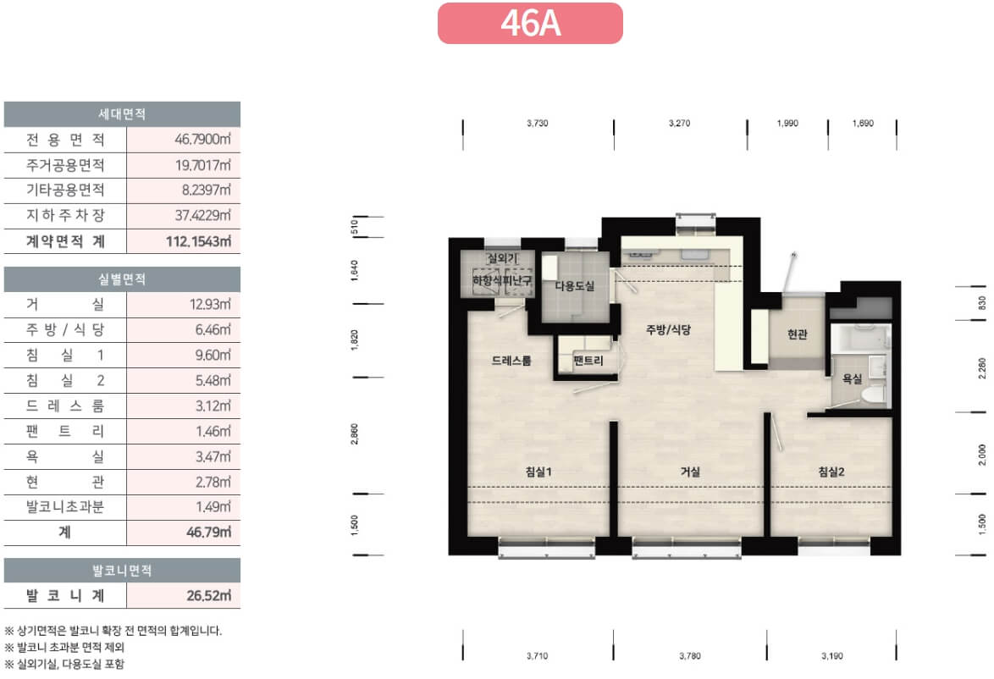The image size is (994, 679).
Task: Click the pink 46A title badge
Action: coord(530,24)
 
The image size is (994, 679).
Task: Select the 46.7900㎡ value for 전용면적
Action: coord(203,140)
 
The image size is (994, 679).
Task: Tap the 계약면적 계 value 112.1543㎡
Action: coord(198,241)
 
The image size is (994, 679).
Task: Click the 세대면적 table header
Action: coord(123,114)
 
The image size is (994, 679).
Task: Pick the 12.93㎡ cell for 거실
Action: coord(211,304)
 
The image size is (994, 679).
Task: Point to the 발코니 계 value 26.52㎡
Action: coord(208,596)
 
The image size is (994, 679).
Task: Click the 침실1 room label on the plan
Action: coord(538,472)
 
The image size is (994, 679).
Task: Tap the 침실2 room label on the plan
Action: coord(831,472)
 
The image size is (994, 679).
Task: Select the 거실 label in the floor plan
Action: coord(690,472)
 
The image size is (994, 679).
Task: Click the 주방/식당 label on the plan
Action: coord(668,329)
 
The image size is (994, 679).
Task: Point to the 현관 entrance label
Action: coord(797,334)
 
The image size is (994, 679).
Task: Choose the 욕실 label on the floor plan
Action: coord(852,379)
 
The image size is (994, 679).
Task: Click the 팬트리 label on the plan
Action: coord(588,361)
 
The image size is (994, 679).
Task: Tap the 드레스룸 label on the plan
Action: coord(511,361)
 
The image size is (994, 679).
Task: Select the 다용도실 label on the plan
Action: coord(575,286)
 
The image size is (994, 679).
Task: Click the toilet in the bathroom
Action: coord(873,394)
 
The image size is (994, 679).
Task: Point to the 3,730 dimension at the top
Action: coord(537,123)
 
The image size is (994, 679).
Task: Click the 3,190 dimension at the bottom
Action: coord(831,656)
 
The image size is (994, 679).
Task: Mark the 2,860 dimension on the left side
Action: coord(355,434)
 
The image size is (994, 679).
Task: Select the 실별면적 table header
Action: coord(123,279)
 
